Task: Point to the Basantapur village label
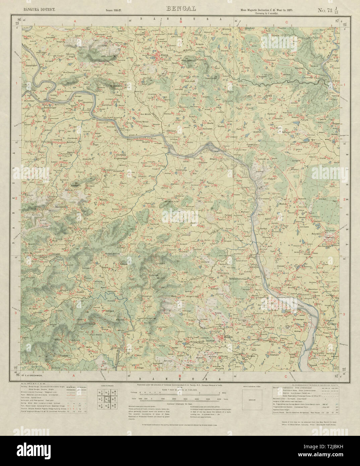point(35,66)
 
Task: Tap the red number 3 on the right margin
point(344,314)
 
